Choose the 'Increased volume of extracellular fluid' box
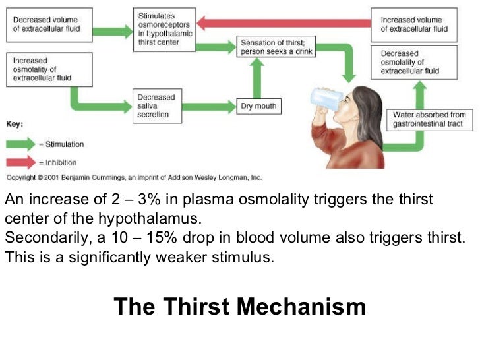click(x=414, y=24)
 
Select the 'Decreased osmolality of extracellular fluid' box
click(x=414, y=62)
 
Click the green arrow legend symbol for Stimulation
click(x=23, y=144)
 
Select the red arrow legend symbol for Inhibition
click(x=23, y=162)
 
